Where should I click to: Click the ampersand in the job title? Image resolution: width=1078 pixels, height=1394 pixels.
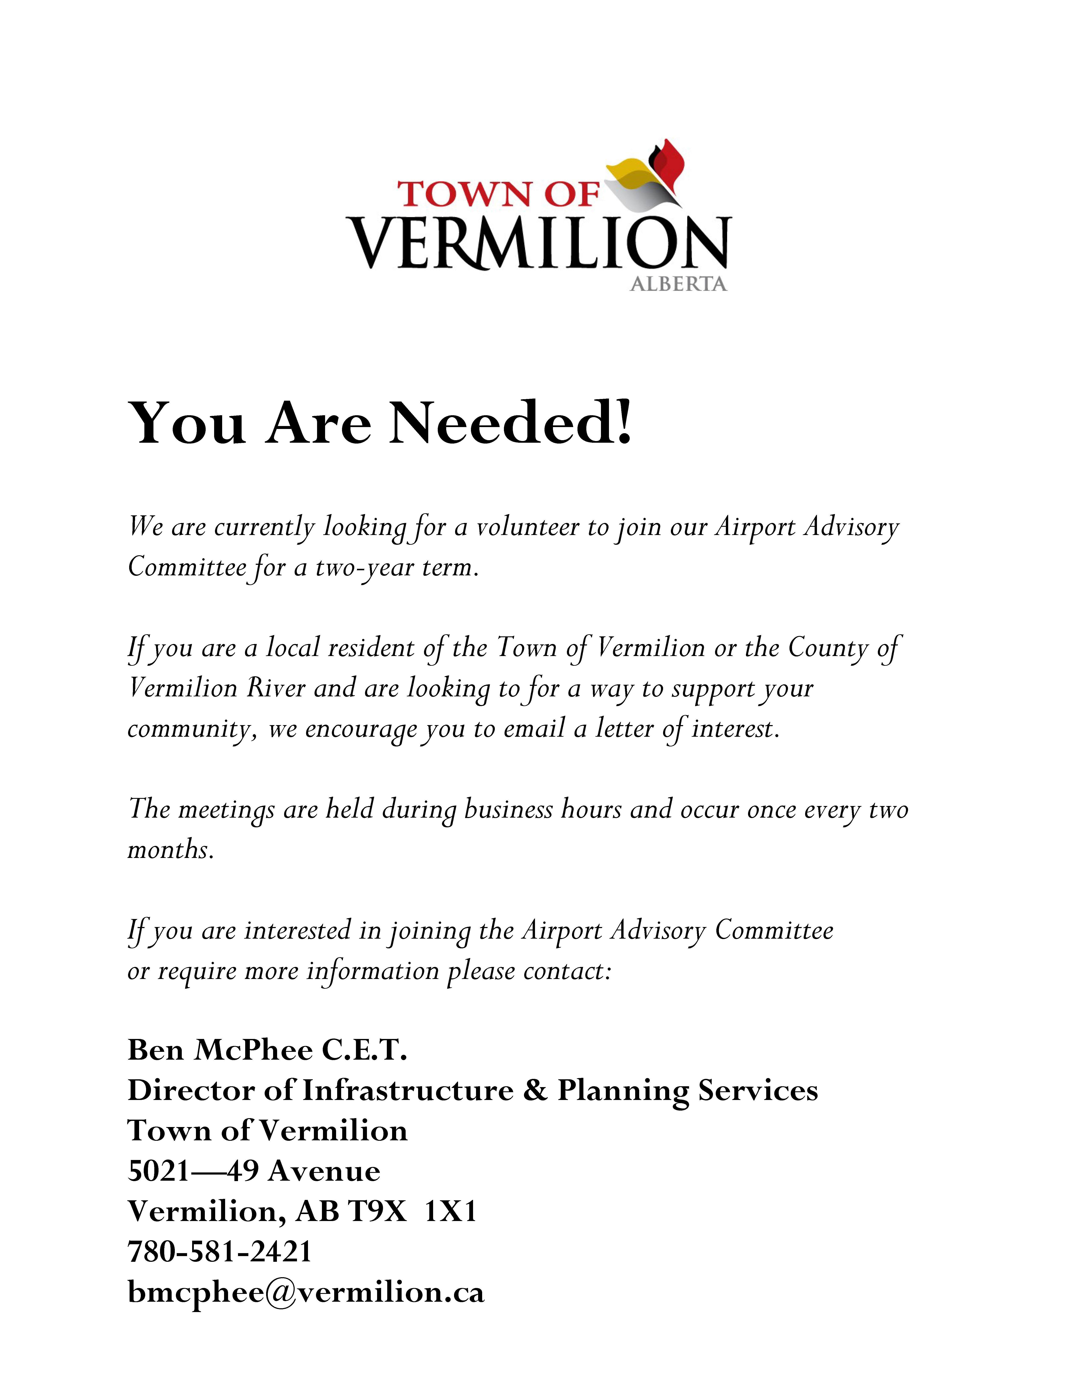pyautogui.click(x=535, y=1090)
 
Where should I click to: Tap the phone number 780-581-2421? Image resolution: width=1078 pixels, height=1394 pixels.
pyautogui.click(x=220, y=1251)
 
